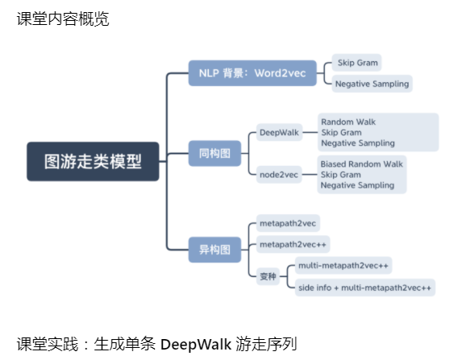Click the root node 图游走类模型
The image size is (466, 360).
93,161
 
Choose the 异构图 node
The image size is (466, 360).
214,249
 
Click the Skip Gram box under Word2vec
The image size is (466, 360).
356,62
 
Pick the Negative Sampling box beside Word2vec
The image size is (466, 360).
372,83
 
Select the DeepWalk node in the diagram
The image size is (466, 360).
279,132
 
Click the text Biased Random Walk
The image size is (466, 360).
361,163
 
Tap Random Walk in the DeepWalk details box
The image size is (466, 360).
348,122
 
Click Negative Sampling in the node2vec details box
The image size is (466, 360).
357,185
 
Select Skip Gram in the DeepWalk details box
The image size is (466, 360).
341,132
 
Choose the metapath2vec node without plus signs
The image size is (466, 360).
289,221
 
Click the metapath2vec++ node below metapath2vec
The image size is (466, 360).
293,244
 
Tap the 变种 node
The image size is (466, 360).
268,276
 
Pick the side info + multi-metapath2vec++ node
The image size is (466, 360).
364,288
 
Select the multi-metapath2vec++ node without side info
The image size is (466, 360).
343,264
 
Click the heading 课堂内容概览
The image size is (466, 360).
63,19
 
